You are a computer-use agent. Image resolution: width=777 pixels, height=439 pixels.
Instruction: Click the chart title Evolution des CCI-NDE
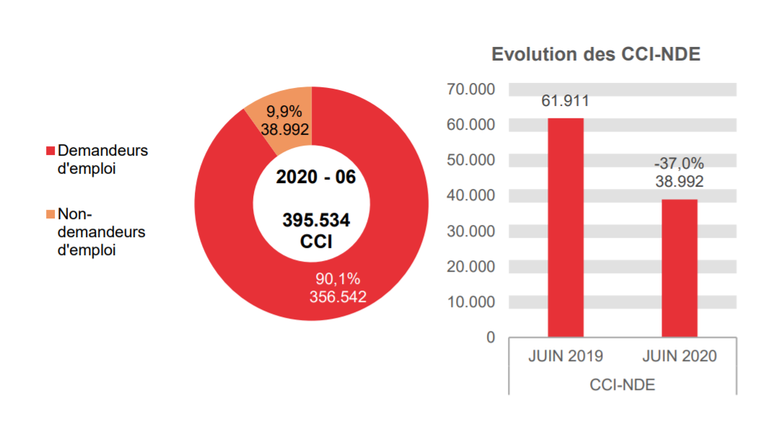pos(596,55)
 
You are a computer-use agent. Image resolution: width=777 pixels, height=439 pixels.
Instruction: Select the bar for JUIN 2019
pos(566,227)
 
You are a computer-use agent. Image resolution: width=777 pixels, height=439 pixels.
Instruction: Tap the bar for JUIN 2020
pos(679,267)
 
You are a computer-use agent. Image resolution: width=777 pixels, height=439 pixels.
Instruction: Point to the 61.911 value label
pos(566,101)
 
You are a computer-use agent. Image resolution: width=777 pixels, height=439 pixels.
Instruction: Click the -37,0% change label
pos(679,164)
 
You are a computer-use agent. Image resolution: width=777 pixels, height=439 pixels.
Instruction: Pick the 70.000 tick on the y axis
pos(471,89)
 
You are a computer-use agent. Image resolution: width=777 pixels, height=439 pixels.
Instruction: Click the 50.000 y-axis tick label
pos(471,160)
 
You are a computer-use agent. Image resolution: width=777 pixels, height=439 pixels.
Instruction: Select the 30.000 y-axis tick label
pos(471,231)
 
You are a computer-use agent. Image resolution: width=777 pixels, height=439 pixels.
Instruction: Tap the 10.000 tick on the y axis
pos(471,302)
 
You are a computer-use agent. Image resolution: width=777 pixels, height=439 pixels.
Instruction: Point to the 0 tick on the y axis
pos(491,337)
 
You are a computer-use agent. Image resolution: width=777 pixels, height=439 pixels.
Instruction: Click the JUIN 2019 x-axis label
pos(566,357)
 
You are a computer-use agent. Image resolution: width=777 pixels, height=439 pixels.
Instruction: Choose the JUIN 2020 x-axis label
pos(679,357)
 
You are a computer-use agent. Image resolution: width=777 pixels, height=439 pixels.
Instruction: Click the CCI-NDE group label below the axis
pos(622,385)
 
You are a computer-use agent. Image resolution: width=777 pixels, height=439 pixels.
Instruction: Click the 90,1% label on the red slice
pos(338,279)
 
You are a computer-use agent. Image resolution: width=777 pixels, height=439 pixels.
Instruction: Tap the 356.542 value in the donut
pos(338,296)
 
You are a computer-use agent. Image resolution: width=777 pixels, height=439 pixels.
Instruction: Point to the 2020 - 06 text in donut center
pos(316,177)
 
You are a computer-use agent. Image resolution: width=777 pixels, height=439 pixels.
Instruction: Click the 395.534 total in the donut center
pos(316,221)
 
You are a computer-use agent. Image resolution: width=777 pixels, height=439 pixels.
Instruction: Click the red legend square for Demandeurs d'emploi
pos(50,151)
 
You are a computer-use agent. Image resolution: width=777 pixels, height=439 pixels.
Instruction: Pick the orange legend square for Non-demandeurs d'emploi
pos(50,214)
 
